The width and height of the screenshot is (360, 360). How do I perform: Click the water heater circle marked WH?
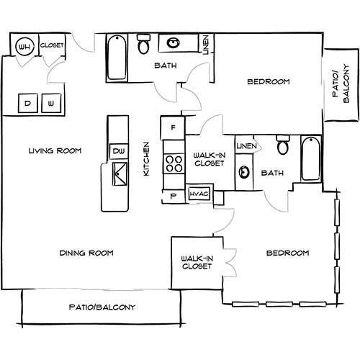pyautogui.click(x=24, y=46)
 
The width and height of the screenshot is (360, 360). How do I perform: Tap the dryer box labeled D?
pyautogui.click(x=28, y=103)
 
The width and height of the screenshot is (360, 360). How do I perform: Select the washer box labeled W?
pyautogui.click(x=51, y=103)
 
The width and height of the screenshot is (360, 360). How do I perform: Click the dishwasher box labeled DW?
pyautogui.click(x=119, y=151)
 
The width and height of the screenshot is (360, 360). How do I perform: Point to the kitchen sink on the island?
pyautogui.click(x=120, y=174)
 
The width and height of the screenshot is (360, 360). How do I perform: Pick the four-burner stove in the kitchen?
pyautogui.click(x=174, y=163)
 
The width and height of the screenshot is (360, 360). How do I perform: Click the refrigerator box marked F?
pyautogui.click(x=173, y=127)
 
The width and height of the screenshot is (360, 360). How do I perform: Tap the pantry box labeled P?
pyautogui.click(x=174, y=196)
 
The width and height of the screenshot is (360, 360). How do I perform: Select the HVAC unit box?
pyautogui.click(x=199, y=194)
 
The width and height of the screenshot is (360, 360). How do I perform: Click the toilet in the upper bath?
pyautogui.click(x=143, y=44)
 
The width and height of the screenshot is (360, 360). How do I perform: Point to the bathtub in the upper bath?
pyautogui.click(x=117, y=58)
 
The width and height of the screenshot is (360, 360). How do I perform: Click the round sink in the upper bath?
pyautogui.click(x=173, y=43)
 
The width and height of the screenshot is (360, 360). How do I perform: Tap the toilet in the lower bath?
pyautogui.click(x=283, y=145)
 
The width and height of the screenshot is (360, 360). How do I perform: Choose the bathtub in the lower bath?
pyautogui.click(x=311, y=158)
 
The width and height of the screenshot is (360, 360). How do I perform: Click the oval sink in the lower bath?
pyautogui.click(x=244, y=172)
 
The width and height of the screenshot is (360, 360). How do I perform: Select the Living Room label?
pyautogui.click(x=55, y=150)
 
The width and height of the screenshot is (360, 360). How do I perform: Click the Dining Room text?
pyautogui.click(x=86, y=253)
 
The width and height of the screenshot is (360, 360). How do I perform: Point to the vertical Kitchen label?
pyautogui.click(x=146, y=158)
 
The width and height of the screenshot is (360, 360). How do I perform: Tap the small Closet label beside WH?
pyautogui.click(x=52, y=45)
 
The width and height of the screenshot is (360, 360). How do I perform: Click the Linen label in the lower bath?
pyautogui.click(x=246, y=145)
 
